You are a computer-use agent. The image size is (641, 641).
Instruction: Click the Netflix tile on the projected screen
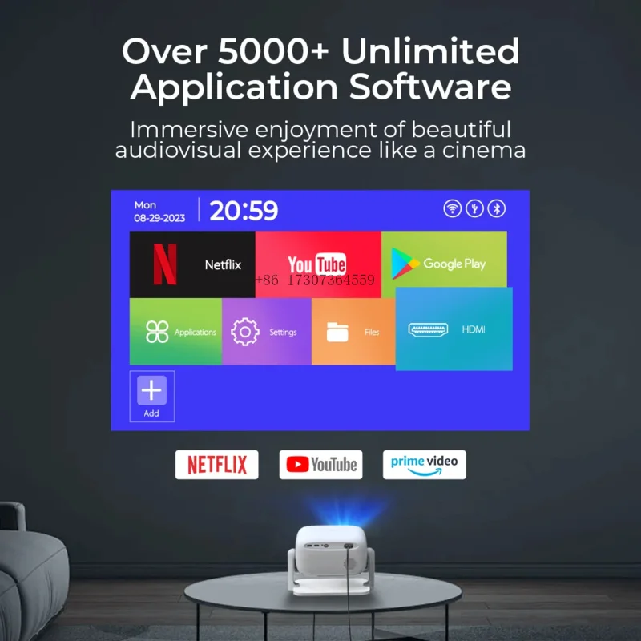[192, 264]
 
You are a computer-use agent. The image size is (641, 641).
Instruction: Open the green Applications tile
[175, 332]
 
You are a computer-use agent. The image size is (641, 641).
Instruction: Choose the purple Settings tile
[266, 332]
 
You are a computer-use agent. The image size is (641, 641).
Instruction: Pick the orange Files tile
[353, 332]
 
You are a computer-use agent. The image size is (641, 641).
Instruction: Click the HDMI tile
[454, 329]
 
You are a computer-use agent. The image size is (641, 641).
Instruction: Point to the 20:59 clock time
[244, 211]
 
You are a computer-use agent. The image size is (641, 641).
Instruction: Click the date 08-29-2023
[160, 217]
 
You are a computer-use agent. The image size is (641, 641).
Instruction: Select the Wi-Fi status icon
[453, 209]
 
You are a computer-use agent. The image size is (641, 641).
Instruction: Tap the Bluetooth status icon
[498, 209]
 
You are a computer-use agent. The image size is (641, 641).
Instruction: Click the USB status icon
[475, 209]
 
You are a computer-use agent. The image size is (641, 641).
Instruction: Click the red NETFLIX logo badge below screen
[216, 464]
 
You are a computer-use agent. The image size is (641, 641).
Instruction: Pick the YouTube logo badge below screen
[320, 465]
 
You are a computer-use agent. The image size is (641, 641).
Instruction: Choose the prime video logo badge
[424, 464]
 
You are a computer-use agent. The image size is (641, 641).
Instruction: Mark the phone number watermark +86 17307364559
[314, 280]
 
